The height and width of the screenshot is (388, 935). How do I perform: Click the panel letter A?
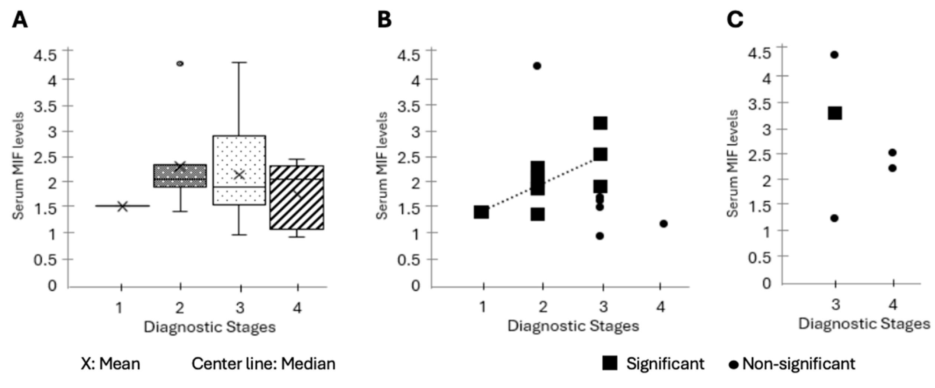pyautogui.click(x=20, y=20)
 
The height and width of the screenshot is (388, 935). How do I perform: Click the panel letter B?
pyautogui.click(x=384, y=20)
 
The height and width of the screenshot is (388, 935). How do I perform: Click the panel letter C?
pyautogui.click(x=735, y=20)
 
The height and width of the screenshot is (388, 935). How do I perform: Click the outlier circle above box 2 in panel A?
pyautogui.click(x=180, y=64)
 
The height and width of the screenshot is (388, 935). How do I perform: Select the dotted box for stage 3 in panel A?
pyautogui.click(x=239, y=170)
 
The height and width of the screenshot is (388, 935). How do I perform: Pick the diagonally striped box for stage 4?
pyautogui.click(x=297, y=197)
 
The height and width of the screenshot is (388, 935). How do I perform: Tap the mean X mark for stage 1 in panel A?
pyautogui.click(x=123, y=207)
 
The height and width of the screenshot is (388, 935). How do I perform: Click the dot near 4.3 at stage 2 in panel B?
pyautogui.click(x=537, y=66)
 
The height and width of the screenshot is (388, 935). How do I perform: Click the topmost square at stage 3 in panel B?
pyautogui.click(x=600, y=123)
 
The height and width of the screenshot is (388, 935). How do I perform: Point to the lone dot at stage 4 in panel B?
pyautogui.click(x=664, y=223)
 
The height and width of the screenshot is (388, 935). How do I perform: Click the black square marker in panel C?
pyautogui.click(x=835, y=113)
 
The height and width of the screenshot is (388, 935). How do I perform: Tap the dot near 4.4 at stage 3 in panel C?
pyautogui.click(x=834, y=55)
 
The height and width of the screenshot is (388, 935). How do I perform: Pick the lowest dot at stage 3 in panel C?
pyautogui.click(x=834, y=218)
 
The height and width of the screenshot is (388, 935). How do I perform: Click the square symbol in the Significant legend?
pyautogui.click(x=610, y=363)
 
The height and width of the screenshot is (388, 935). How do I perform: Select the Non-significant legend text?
pyautogui.click(x=799, y=363)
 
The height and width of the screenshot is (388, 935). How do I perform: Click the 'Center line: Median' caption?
pyautogui.click(x=263, y=363)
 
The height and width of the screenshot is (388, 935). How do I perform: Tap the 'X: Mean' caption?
pyautogui.click(x=110, y=363)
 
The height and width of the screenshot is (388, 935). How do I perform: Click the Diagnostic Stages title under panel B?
pyautogui.click(x=573, y=326)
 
